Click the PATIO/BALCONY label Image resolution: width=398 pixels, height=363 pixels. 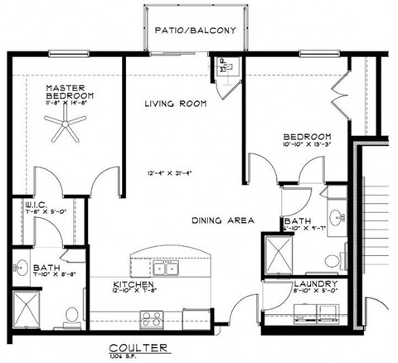pos(197,31)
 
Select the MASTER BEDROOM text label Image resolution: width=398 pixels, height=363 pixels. pos(70,91)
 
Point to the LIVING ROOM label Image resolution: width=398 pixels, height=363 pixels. pos(175,104)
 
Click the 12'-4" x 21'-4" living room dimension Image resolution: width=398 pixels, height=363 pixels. pos(172,173)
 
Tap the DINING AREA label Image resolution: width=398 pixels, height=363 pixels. pos(222,220)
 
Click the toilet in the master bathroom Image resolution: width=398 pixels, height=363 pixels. pos(71,314)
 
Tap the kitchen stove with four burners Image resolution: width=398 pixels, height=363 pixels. pos(150,317)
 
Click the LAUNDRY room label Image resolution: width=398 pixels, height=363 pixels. pos(313,284)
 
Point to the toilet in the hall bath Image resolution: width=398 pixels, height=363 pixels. pos(334,257)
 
